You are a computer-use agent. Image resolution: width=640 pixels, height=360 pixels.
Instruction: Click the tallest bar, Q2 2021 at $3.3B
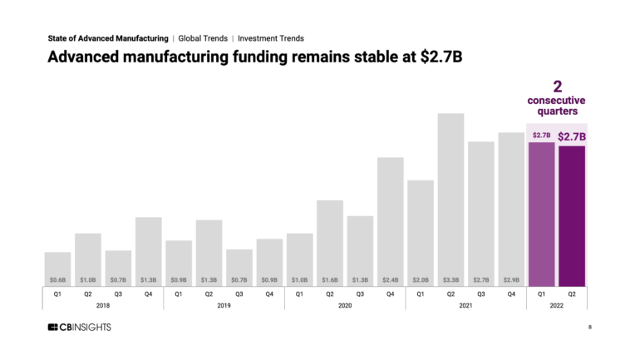pos(450,200)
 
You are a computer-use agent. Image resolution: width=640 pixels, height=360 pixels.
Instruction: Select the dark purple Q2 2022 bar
pos(572,216)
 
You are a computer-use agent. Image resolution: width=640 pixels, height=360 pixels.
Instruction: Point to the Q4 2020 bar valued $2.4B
pos(390,221)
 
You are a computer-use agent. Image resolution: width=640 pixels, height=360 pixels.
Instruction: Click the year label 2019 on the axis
pos(224,305)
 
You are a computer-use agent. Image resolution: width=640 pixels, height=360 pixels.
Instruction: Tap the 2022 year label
pos(557,305)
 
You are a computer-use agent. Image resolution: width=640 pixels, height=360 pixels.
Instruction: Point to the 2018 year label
pos(103,305)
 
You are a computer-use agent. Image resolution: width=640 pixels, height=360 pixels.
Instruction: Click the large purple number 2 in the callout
pos(557,86)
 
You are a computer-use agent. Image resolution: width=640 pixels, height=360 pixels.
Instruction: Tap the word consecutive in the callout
pos(557,101)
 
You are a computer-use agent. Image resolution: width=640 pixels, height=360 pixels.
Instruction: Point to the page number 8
pos(589,327)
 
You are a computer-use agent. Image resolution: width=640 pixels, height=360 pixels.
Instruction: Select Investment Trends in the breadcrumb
pos(271,38)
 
